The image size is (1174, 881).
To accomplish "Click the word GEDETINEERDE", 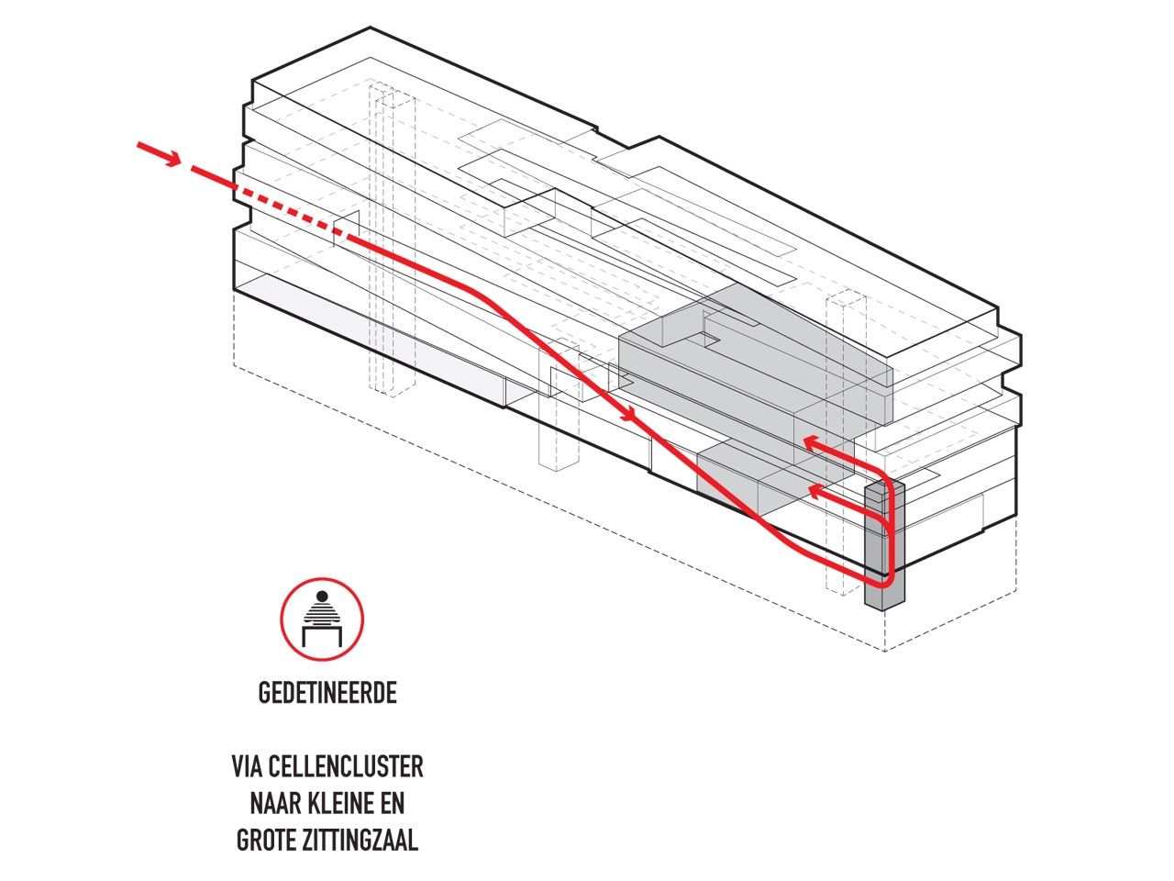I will (327, 693).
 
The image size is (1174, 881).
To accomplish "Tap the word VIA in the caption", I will (249, 766).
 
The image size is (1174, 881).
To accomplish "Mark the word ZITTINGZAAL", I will (365, 841).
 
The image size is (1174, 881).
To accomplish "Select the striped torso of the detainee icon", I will (322, 613).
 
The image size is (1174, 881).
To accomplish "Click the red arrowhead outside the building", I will (171, 159).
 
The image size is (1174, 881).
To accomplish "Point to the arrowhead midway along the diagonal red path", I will (629, 417).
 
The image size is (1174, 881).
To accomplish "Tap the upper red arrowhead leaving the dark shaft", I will (810, 443).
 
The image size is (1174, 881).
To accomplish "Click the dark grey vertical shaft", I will (884, 551).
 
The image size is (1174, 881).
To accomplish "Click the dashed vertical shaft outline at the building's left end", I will (393, 239).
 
